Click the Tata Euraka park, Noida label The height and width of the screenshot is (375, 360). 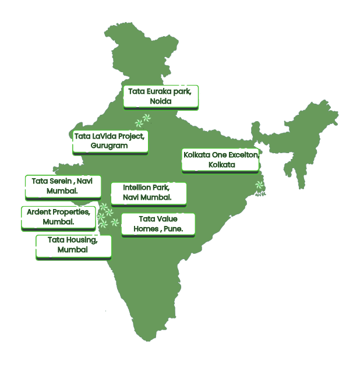tap(161, 97)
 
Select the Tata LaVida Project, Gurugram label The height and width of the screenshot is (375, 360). tap(110, 141)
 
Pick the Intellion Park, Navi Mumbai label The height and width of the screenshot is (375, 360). tap(148, 193)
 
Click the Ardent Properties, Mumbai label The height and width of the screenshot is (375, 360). tap(58, 217)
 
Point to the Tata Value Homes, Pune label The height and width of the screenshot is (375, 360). tap(157, 224)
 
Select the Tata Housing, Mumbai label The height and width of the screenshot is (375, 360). tap(73, 245)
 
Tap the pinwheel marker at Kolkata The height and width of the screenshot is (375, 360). tap(259, 186)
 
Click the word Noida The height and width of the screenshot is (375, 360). tap(161, 102)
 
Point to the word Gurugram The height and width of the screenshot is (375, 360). tap(110, 146)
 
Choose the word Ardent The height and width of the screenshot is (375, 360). tap(38, 211)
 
